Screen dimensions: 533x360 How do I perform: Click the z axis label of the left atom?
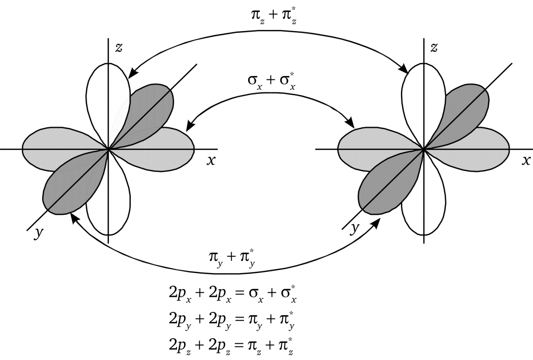coord(119,48)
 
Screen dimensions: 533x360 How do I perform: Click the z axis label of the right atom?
coord(434,48)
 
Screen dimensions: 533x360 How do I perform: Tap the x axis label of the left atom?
coord(211,161)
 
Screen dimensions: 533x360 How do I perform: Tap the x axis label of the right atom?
coord(526,161)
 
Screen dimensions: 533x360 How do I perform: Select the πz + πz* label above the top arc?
coord(273,16)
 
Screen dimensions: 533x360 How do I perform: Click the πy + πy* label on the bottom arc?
coord(232,258)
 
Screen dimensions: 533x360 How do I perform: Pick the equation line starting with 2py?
coord(232,320)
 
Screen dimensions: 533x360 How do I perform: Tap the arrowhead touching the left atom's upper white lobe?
coord(133,73)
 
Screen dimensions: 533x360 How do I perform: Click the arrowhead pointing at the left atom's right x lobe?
coord(190,125)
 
